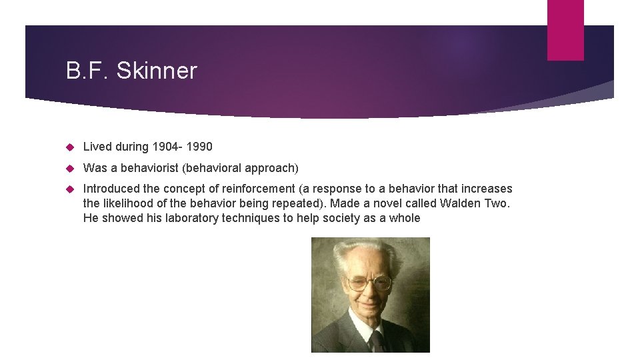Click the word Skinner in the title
coord(157,71)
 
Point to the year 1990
coord(198,147)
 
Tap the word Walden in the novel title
coord(463,203)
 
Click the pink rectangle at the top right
coord(565,30)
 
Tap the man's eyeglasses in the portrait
coord(369,283)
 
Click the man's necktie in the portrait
coord(377,341)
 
